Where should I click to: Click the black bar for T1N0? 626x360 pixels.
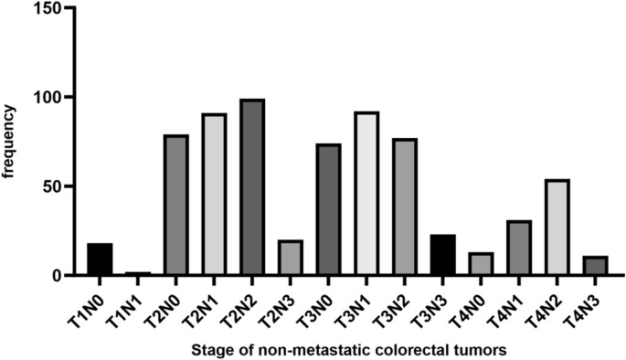(x=100, y=259)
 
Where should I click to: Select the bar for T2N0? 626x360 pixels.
(x=175, y=206)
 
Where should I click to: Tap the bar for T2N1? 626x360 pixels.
(x=213, y=195)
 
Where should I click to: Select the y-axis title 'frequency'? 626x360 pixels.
(x=10, y=142)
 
